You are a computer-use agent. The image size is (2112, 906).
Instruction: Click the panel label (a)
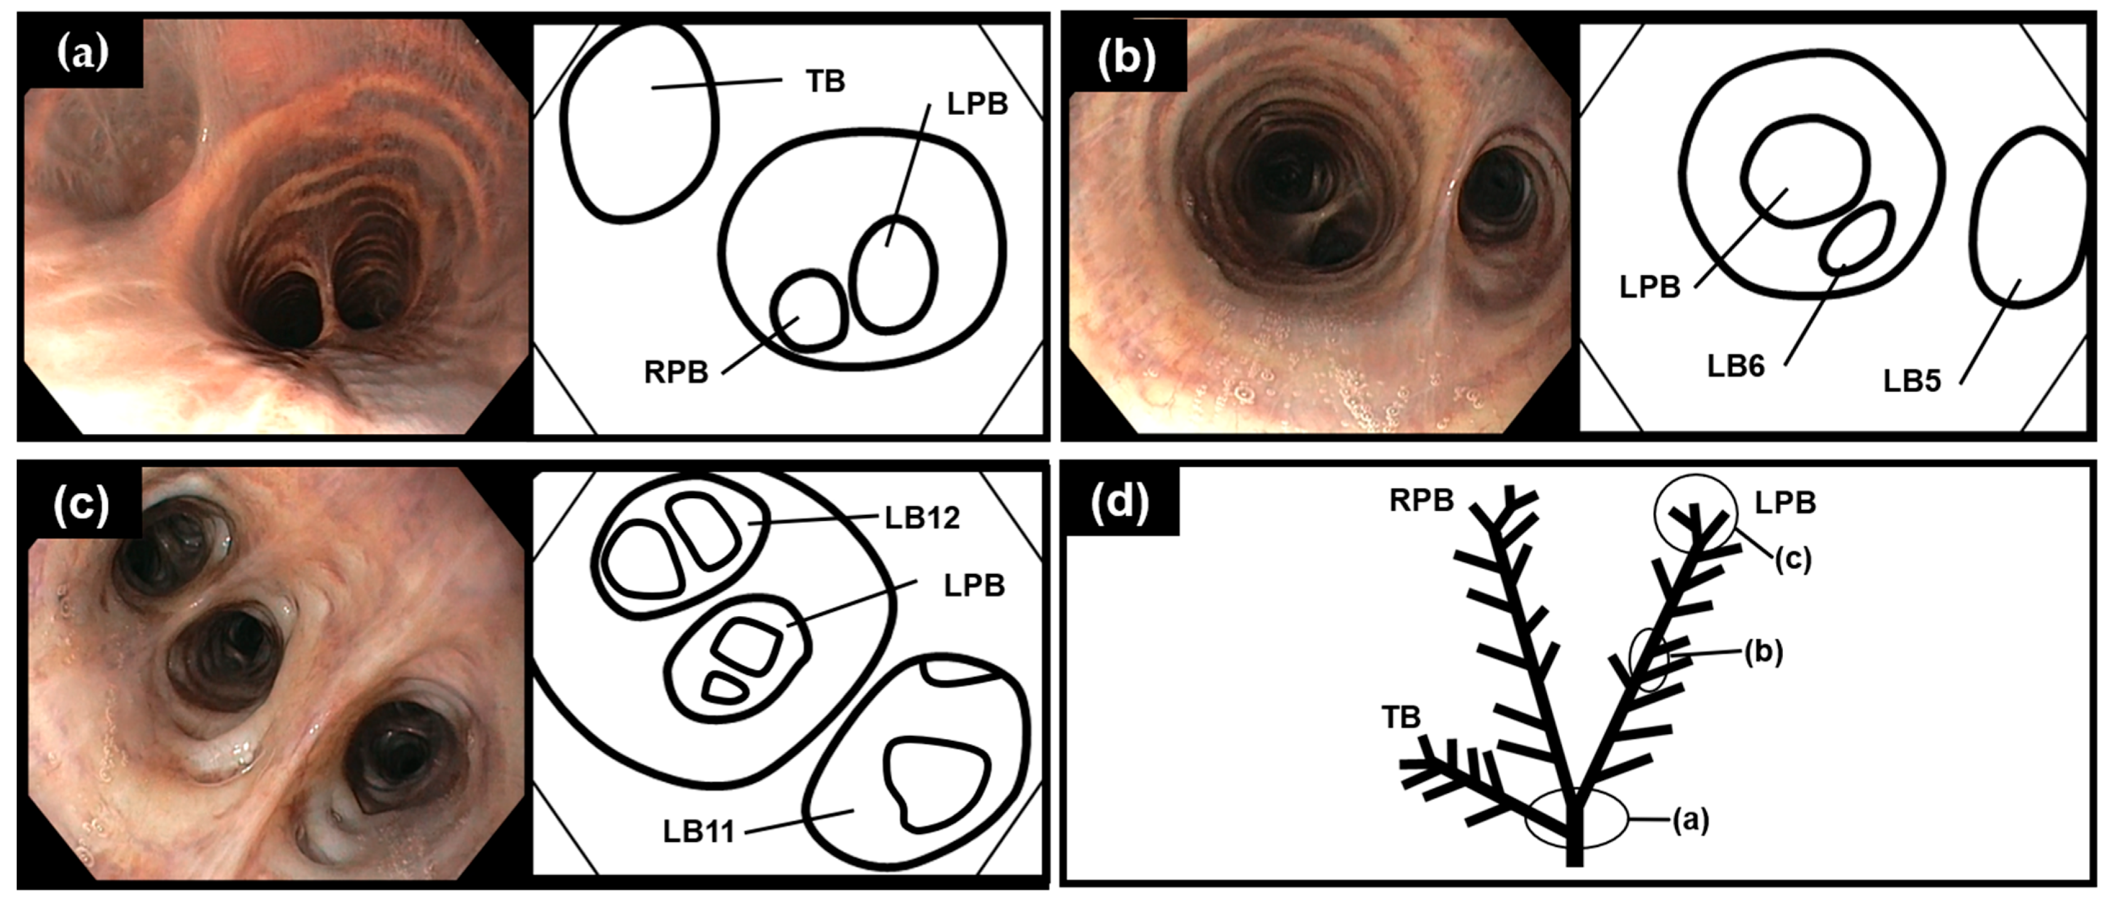click(82, 54)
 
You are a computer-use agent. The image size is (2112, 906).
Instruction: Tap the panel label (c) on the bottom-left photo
click(80, 506)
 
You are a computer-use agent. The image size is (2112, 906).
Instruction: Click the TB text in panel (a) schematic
click(825, 81)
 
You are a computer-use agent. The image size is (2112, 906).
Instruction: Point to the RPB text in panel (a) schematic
click(676, 372)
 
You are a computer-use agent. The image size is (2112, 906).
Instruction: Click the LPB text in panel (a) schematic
click(977, 104)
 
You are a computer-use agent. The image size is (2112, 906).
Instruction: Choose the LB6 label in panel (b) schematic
click(1736, 365)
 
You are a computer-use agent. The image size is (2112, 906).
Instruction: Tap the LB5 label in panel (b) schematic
click(1912, 381)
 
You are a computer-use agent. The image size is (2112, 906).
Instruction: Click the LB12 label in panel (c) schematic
click(922, 517)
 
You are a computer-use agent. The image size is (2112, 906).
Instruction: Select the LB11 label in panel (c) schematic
click(698, 832)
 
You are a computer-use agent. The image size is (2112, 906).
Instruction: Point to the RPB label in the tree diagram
click(1421, 500)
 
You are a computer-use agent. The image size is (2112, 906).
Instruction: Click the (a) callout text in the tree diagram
click(1691, 819)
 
